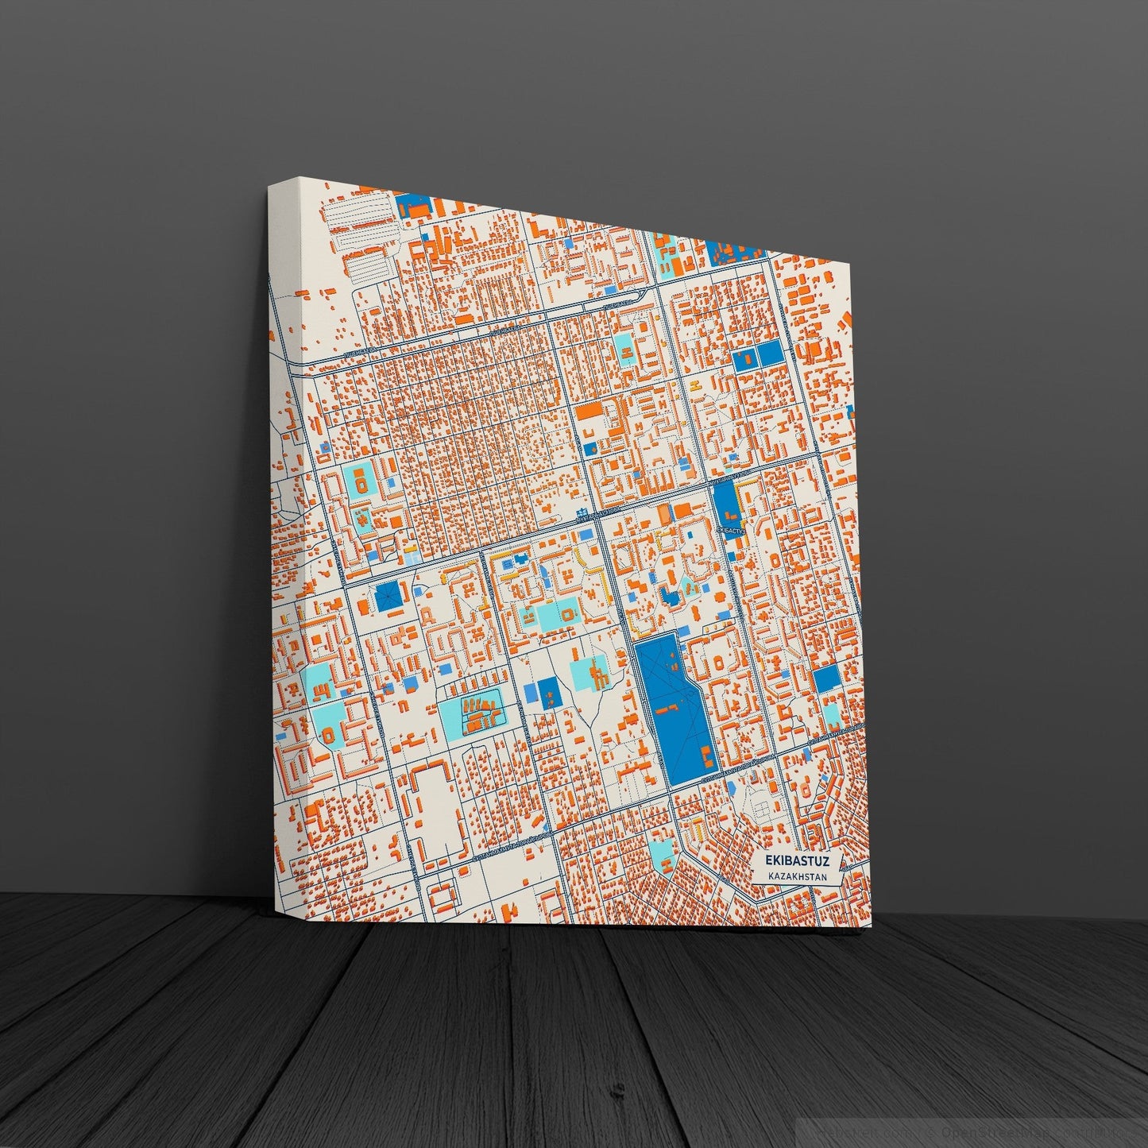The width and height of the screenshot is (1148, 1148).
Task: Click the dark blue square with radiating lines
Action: click(x=388, y=596)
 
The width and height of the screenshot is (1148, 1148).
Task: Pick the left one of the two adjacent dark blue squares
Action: click(x=746, y=359)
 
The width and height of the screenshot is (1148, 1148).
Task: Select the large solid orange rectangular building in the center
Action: click(x=590, y=412)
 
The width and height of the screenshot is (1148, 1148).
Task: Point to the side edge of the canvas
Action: click(x=282, y=556)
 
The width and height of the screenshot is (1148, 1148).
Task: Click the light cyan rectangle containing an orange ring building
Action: click(x=360, y=481)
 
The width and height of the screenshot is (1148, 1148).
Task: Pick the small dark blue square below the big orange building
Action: click(x=589, y=450)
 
